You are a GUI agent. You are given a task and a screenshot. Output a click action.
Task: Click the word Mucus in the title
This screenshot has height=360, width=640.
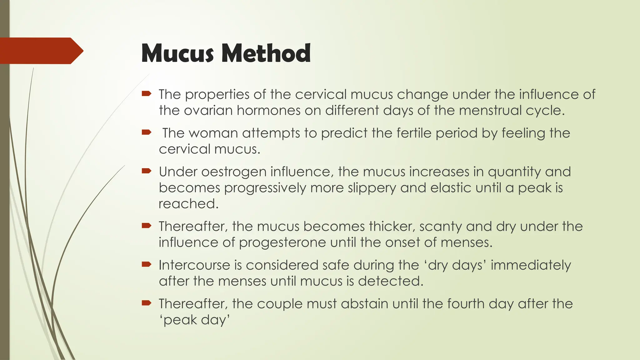coord(177,53)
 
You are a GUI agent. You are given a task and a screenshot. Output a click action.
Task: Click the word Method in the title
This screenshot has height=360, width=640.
coord(266,53)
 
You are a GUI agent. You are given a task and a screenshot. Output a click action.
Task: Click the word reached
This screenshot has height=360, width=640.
coord(188,204)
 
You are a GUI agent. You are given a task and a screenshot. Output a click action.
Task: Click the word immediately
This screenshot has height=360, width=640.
coord(531,265)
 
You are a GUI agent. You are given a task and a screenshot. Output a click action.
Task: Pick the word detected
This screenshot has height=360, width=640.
coord(390,281)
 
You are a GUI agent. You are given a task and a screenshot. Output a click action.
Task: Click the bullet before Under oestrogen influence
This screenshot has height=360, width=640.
coord(146,171)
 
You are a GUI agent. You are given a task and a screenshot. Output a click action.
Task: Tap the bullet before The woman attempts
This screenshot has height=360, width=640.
coord(146,132)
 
